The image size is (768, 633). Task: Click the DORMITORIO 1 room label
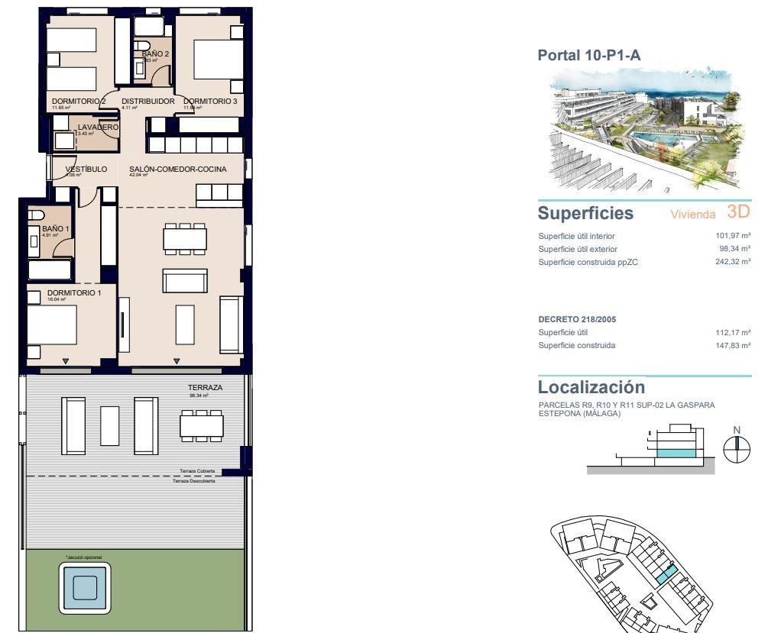[74, 292]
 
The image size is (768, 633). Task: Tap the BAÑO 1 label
[55, 228]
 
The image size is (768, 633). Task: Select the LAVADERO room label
[98, 127]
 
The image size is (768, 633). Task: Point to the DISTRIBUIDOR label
[147, 101]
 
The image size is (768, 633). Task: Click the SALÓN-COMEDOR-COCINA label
[178, 169]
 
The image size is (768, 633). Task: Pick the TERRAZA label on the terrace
[205, 388]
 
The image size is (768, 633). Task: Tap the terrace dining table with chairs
[202, 425]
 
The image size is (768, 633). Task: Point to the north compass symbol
[737, 451]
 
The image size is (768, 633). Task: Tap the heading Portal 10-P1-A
[588, 55]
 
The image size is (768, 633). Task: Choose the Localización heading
[591, 387]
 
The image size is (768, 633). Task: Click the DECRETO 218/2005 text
[577, 319]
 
